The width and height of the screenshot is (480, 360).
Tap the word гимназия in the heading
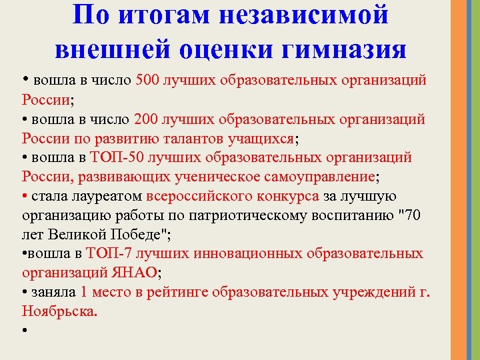pyautogui.click(x=345, y=49)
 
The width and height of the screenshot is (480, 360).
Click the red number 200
pyautogui.click(x=147, y=119)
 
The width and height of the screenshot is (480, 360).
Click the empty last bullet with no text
pyautogui.click(x=25, y=331)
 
